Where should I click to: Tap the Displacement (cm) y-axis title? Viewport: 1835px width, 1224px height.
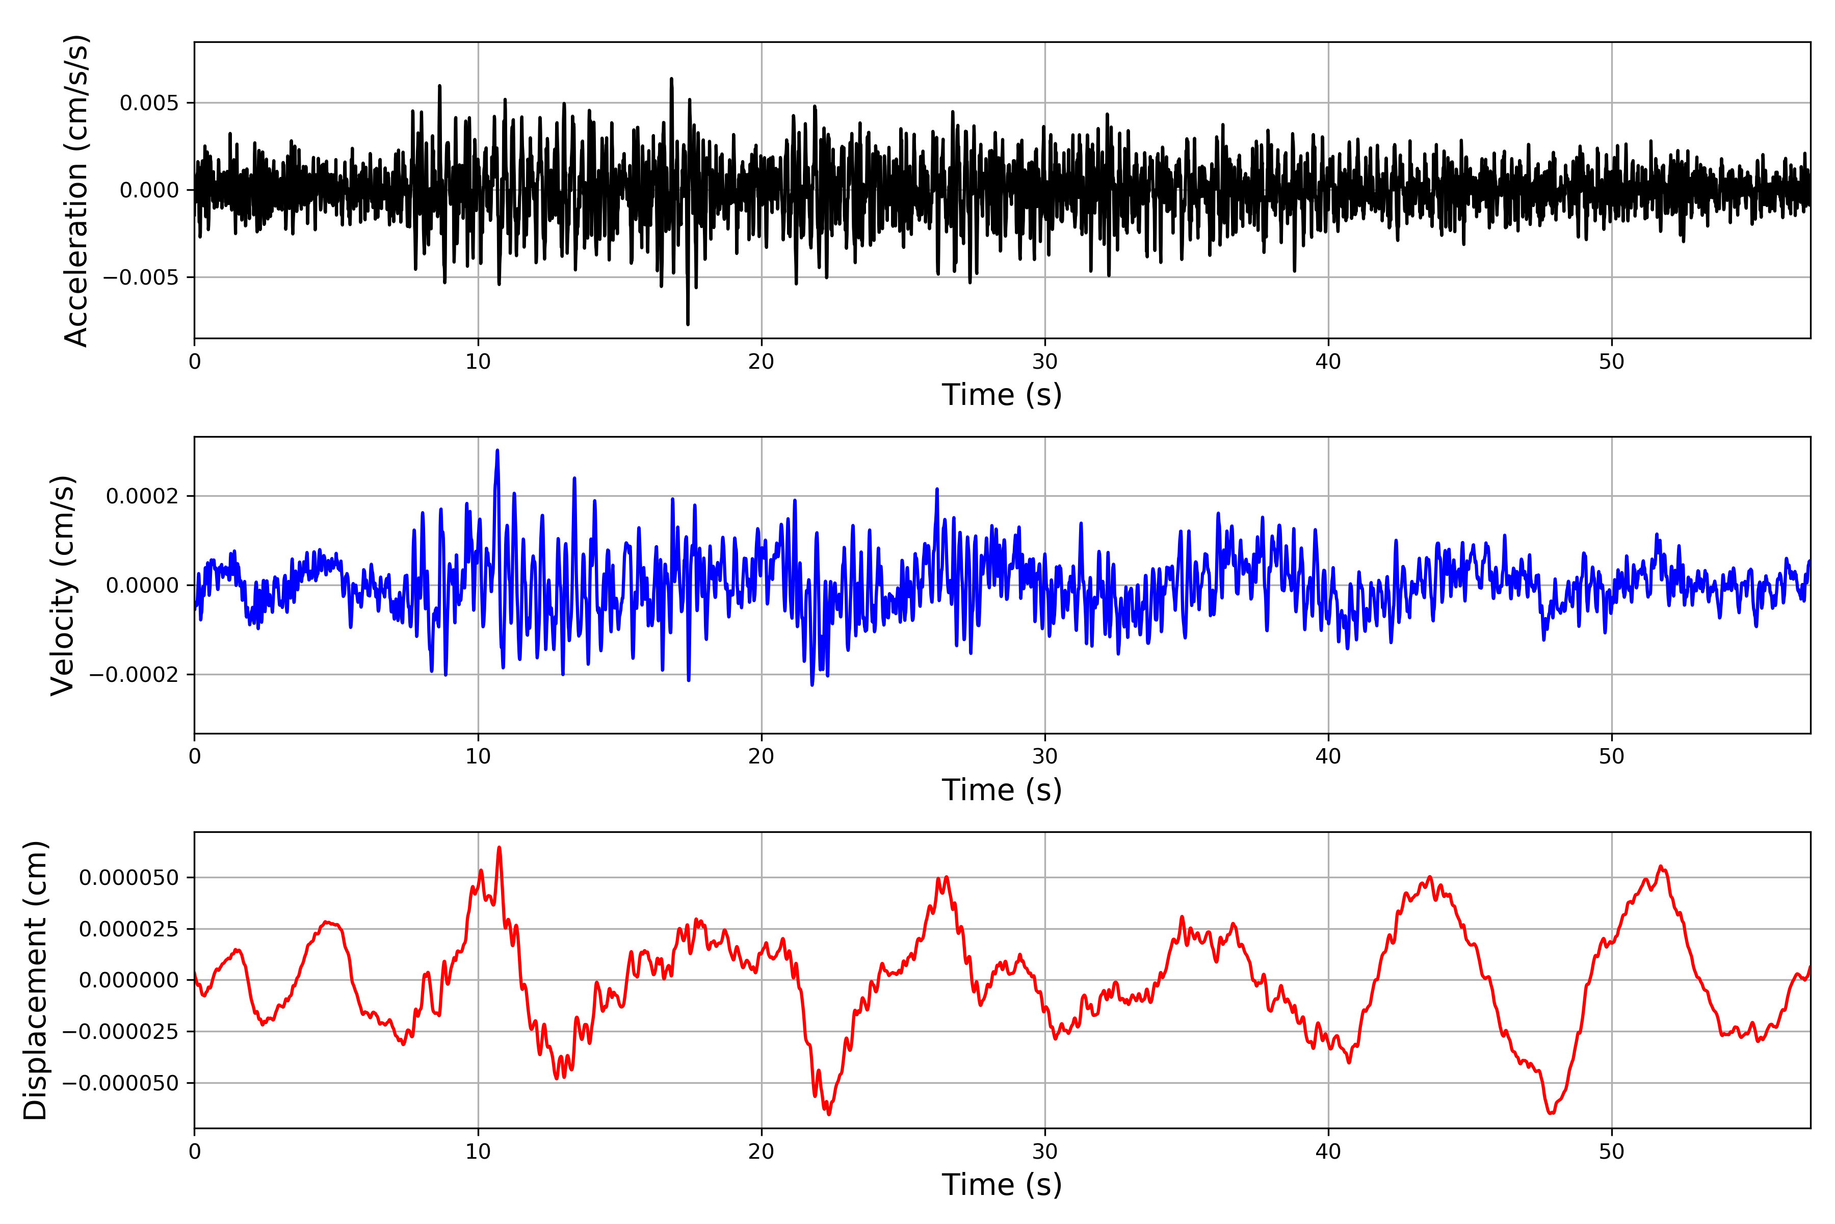pos(35,980)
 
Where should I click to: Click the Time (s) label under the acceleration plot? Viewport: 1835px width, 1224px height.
pos(1002,395)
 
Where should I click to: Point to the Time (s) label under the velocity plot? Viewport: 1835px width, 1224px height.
pos(1002,790)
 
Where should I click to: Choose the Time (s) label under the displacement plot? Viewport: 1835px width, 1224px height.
pos(1002,1185)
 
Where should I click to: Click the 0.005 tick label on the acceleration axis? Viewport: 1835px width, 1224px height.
pos(149,103)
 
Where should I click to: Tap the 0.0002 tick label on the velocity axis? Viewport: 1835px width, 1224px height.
pos(142,496)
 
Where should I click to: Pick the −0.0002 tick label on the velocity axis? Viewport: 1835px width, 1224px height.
pos(134,674)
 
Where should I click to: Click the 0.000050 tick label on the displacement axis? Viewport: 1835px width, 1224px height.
pos(129,877)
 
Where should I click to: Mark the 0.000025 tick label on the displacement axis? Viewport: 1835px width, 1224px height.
pos(129,929)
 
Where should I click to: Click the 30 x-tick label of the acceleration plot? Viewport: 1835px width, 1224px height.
pos(1044,362)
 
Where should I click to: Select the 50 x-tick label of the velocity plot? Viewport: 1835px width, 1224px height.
pos(1611,756)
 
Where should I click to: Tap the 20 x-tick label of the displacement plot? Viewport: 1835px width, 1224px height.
pos(762,1152)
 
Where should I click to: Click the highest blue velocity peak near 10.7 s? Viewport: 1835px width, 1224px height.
pos(497,451)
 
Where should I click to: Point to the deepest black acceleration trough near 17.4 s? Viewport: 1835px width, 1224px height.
pos(687,323)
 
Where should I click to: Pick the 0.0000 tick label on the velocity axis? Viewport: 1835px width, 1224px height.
pos(142,585)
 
